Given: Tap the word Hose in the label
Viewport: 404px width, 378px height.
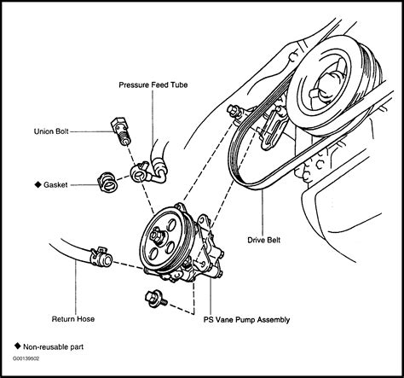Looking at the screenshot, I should pyautogui.click(x=84, y=317).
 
